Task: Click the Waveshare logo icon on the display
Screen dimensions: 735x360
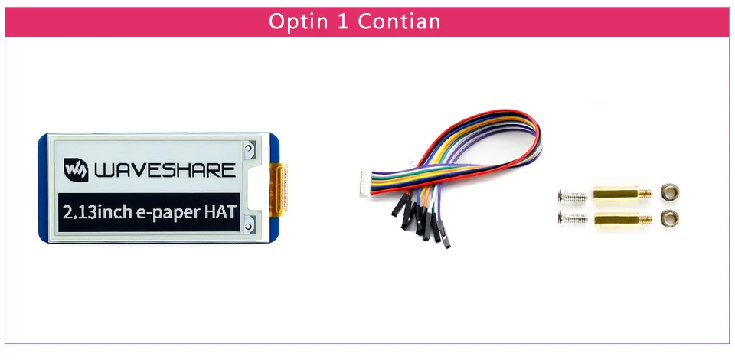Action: (x=74, y=169)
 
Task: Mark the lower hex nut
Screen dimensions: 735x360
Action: (x=671, y=218)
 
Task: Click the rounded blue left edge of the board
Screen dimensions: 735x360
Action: (x=43, y=188)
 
